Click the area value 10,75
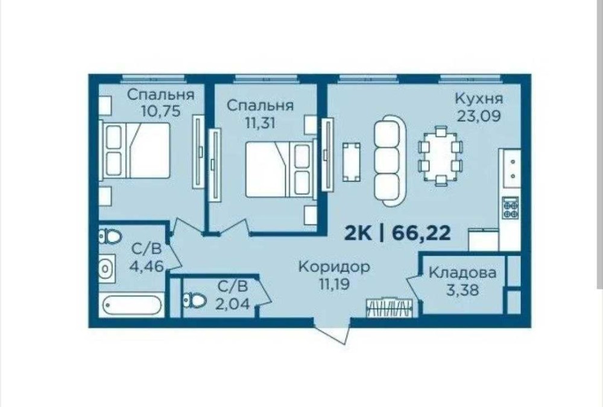[161, 111]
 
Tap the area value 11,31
[260, 123]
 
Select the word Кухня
[479, 98]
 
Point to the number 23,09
[479, 115]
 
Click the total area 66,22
[421, 233]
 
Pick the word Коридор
[334, 267]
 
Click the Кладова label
[463, 273]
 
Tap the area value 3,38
[463, 289]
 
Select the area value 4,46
[147, 266]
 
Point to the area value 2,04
[232, 304]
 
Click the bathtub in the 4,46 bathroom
[131, 305]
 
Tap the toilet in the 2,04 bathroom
[195, 300]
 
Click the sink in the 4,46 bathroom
[107, 268]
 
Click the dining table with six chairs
[440, 156]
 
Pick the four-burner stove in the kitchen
[511, 208]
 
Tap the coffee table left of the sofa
[352, 162]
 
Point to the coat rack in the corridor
[389, 308]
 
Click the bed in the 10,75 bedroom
[134, 150]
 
